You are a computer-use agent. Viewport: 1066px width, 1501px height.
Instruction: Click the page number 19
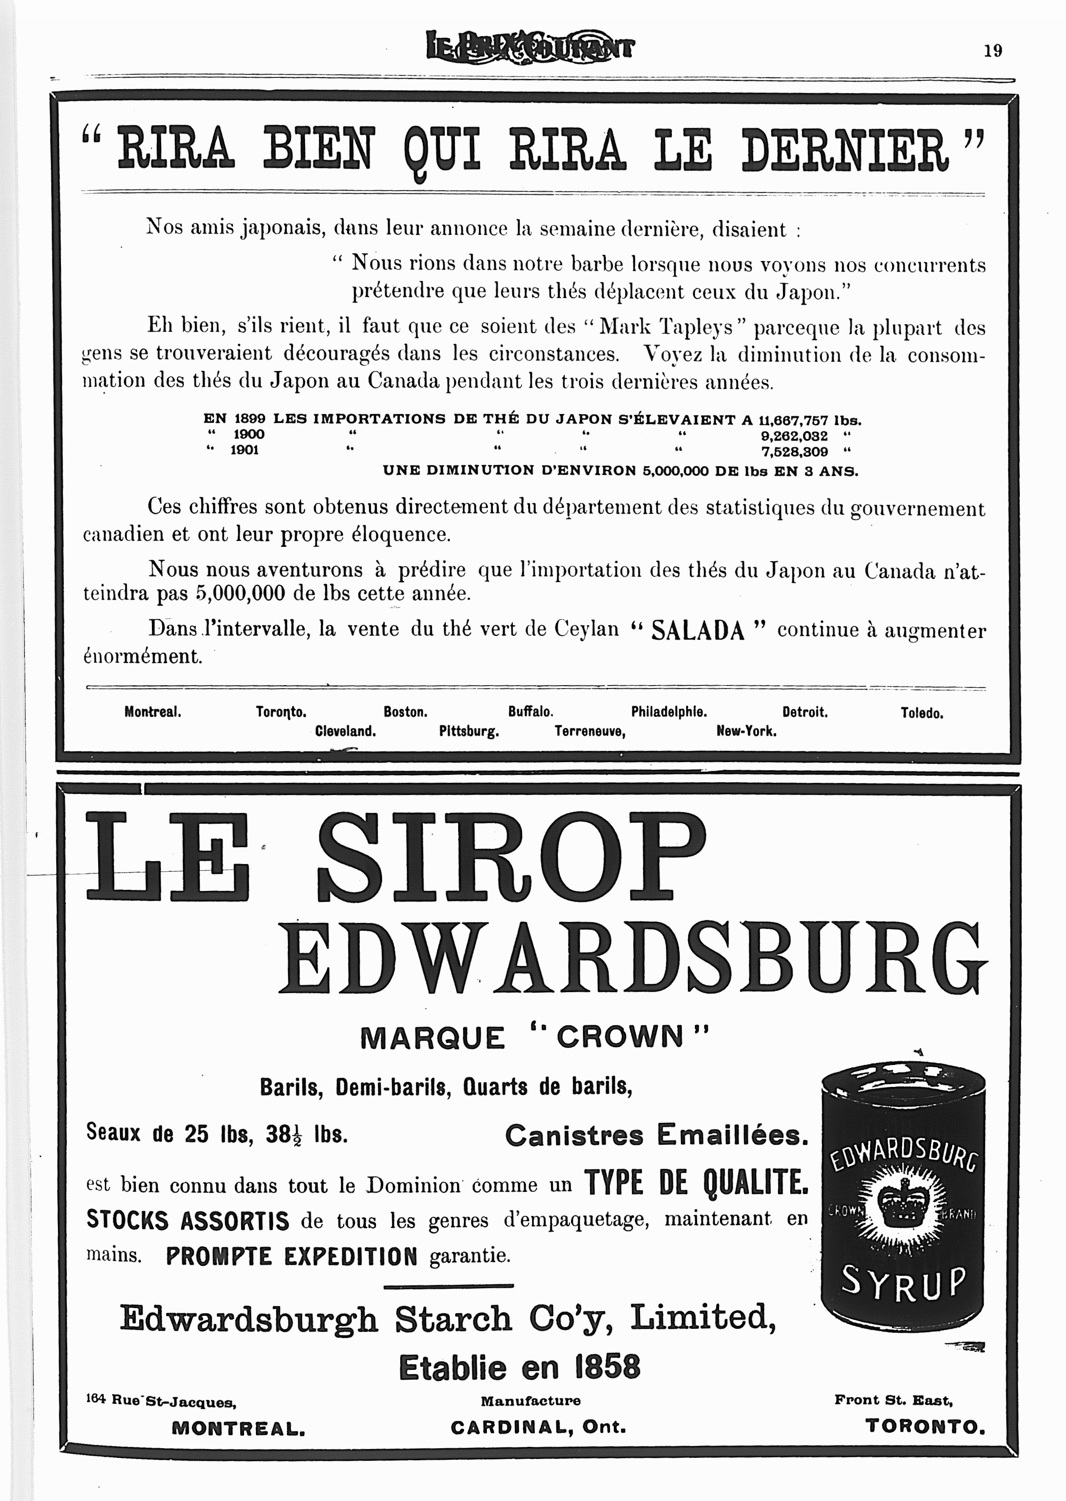point(992,50)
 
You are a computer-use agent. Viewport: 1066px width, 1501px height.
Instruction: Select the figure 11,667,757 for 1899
point(793,420)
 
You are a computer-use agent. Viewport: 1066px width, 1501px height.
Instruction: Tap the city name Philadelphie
point(669,712)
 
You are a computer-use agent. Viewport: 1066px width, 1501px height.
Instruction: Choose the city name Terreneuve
point(589,731)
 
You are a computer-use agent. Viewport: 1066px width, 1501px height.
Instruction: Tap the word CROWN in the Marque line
point(620,1037)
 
